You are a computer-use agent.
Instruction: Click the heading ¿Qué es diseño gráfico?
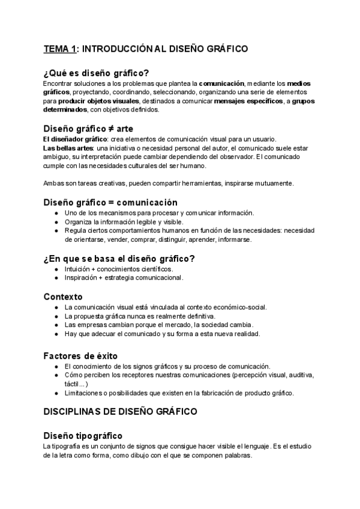click(97, 72)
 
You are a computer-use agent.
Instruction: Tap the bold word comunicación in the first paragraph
click(221, 83)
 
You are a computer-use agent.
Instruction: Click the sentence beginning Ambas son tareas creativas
click(168, 182)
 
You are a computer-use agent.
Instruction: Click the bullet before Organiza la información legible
click(56, 221)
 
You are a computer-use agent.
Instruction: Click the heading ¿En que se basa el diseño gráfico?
click(119, 259)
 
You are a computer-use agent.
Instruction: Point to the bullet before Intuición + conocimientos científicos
click(56, 269)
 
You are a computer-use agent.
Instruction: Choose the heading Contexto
click(63, 297)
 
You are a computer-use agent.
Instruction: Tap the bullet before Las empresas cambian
click(56, 325)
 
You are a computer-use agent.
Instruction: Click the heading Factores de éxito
click(80, 355)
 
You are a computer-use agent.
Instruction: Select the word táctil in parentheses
click(73, 384)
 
